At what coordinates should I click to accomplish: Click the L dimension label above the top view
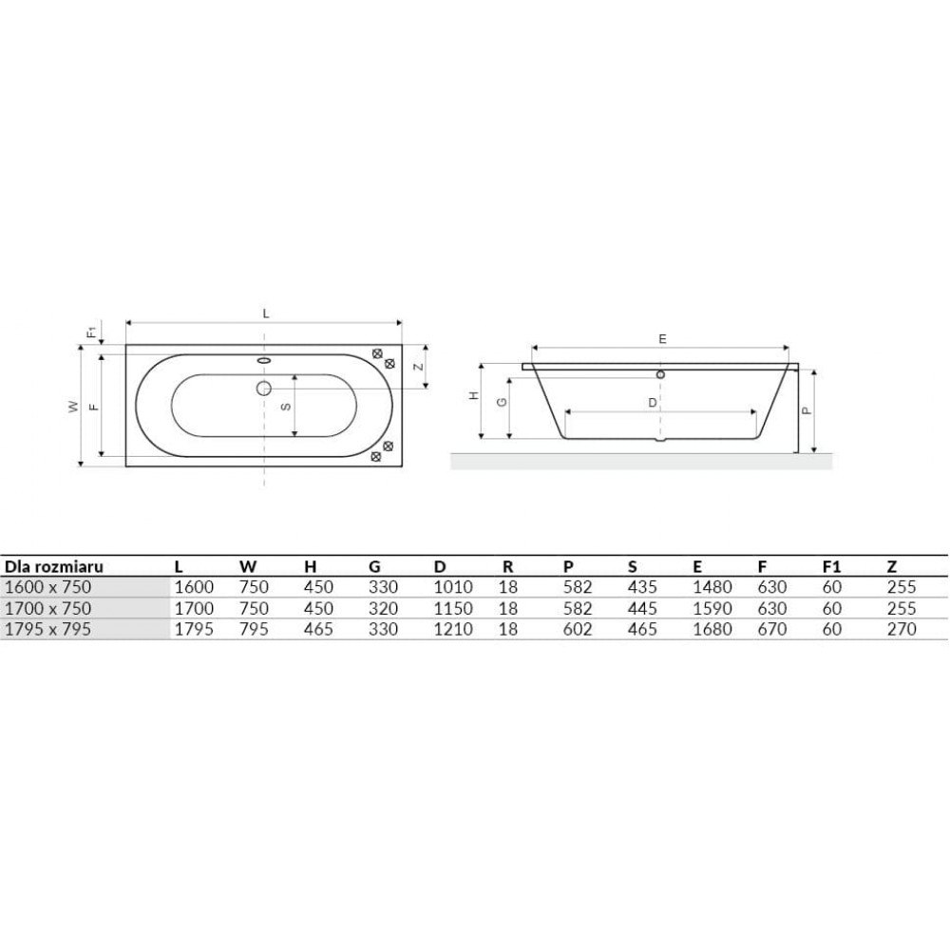click(x=265, y=313)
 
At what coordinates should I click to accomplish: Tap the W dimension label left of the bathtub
click(x=74, y=407)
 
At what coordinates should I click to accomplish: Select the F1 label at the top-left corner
click(x=91, y=332)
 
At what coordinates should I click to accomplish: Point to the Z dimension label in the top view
click(x=418, y=367)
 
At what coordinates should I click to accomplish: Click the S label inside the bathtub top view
click(x=287, y=407)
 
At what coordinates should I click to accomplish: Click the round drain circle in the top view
click(x=263, y=388)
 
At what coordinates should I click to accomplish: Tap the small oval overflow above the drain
click(x=264, y=360)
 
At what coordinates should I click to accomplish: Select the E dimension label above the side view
click(x=662, y=339)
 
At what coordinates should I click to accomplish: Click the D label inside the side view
click(x=652, y=403)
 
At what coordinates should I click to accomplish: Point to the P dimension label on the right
click(x=806, y=410)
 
